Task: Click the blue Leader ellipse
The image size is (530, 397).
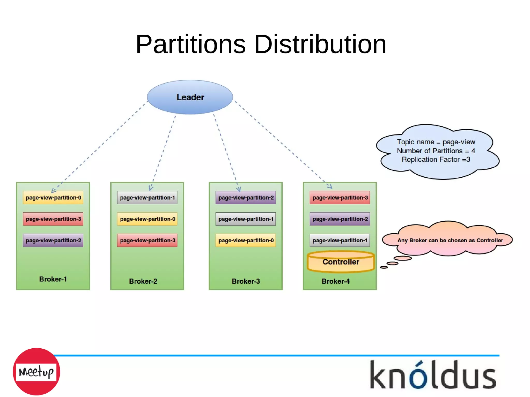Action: coord(190,97)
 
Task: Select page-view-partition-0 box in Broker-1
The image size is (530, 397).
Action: coord(53,198)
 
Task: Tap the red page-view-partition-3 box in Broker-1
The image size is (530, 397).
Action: coord(53,219)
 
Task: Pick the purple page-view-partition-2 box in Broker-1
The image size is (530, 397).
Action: coord(53,241)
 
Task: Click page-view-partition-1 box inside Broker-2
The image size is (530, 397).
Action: coord(147,198)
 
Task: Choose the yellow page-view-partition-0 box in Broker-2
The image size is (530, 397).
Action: coord(147,219)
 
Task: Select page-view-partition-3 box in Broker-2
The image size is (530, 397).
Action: coord(147,241)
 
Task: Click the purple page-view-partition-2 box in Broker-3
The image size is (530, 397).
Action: coord(246,198)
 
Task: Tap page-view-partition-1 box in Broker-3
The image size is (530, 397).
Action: coord(246,219)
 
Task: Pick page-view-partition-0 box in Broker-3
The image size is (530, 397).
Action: coord(246,241)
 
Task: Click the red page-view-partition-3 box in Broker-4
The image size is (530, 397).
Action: coord(340,198)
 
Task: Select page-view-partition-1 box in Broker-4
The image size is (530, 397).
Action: coord(340,241)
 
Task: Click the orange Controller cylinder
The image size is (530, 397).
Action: coord(341,262)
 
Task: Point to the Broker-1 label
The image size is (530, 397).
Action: coord(53,279)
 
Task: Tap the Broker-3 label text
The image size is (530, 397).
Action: coord(246,281)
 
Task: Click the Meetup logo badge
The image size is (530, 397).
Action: coord(36,372)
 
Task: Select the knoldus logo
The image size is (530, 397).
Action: coord(433,375)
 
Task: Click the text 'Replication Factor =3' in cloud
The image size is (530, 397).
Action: coord(436,160)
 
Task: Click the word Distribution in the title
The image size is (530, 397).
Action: coord(320,44)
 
